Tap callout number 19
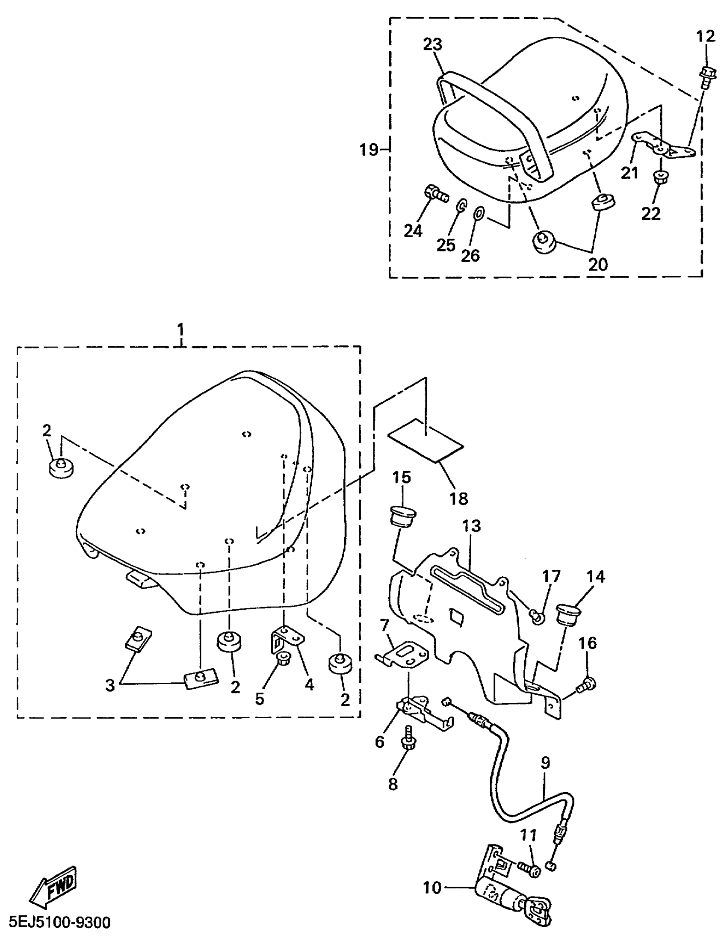point(369,150)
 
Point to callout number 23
point(433,44)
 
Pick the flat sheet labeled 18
point(426,440)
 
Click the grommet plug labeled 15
point(403,515)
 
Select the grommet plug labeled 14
point(568,615)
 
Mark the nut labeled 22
point(658,177)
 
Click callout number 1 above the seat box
point(180,330)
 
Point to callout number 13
point(471,526)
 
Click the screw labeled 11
point(528,867)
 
